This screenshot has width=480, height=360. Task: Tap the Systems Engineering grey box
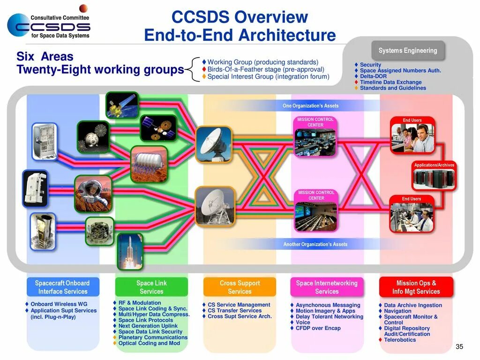[x=408, y=51]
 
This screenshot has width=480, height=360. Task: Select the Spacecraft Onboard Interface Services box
[x=62, y=287]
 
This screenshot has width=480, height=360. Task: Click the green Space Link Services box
[x=151, y=287]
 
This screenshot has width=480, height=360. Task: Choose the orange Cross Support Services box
[x=240, y=287]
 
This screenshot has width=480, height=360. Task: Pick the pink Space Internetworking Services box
[x=327, y=287]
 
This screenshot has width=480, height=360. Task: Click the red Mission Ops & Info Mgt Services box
[x=416, y=287]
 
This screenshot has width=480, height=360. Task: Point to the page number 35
[x=459, y=347]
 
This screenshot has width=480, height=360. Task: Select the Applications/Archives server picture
[x=434, y=179]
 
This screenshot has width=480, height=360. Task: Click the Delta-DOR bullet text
[x=373, y=76]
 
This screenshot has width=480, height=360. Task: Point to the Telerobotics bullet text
[x=400, y=340]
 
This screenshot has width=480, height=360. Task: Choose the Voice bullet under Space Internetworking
[x=303, y=322]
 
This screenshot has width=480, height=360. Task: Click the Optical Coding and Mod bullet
[x=149, y=343]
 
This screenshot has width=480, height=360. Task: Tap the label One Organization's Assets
[x=310, y=106]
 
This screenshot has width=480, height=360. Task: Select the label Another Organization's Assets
[x=315, y=244]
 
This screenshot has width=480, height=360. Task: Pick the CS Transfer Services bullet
[x=234, y=311]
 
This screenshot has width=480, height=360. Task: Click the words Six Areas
[x=45, y=57]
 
